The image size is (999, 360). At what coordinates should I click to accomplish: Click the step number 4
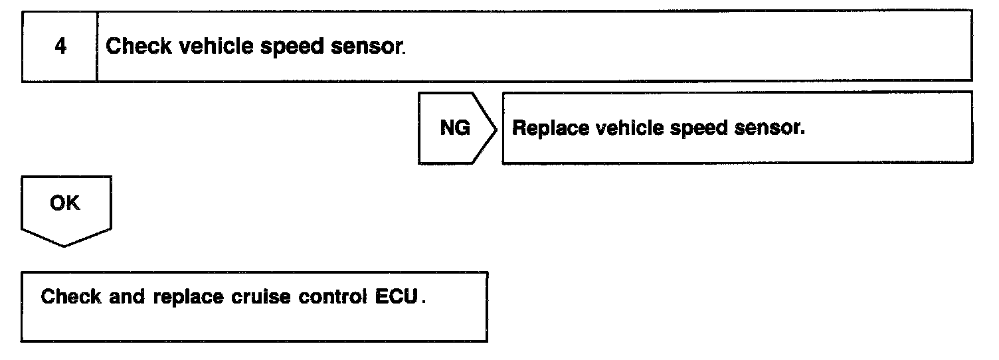click(60, 47)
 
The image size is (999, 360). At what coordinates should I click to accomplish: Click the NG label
click(455, 128)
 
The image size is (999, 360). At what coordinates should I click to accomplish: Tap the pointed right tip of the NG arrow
click(496, 128)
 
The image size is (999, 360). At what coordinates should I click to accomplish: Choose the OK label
click(64, 203)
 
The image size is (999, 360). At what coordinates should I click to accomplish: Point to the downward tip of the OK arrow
click(65, 246)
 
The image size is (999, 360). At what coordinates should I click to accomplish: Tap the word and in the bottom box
click(127, 296)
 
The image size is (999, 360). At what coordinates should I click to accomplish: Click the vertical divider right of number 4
click(97, 46)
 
